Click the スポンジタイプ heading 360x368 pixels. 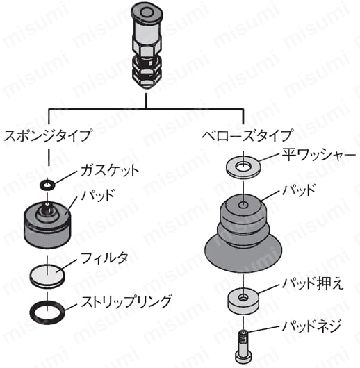pos(47,135)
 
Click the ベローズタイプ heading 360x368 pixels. pos(247,135)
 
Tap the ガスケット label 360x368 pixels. pos(110,170)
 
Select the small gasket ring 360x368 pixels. pos(47,185)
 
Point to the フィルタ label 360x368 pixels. pos(105,258)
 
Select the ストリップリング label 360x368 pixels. pos(126,301)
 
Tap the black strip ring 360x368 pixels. pos(31,313)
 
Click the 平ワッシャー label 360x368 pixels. pos(319,155)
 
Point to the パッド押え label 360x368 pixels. pos(313,283)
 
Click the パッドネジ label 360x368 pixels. pos(311,326)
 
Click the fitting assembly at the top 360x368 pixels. pos(147,46)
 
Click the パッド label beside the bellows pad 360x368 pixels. pos(298,190)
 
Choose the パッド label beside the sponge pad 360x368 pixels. pos(97,194)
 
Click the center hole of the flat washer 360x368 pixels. pos(243,167)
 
